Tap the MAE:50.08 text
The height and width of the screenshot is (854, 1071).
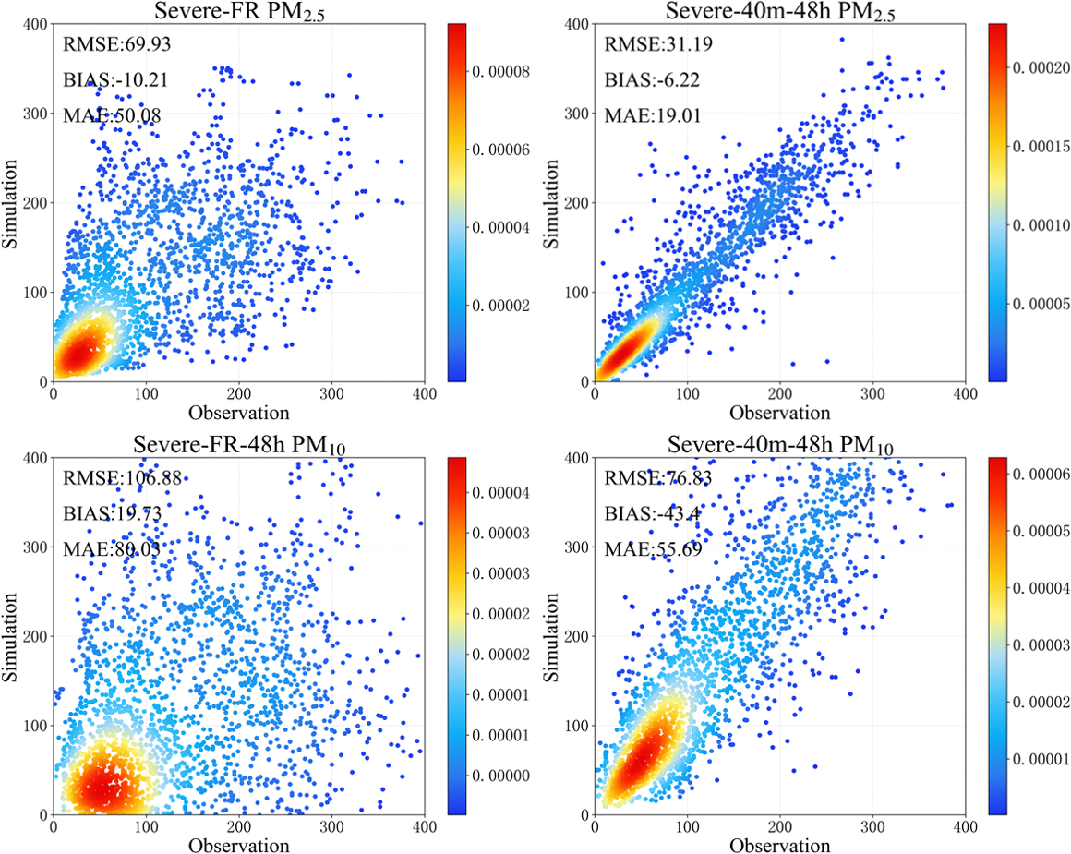point(101,115)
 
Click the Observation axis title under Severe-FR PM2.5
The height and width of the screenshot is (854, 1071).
point(238,413)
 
